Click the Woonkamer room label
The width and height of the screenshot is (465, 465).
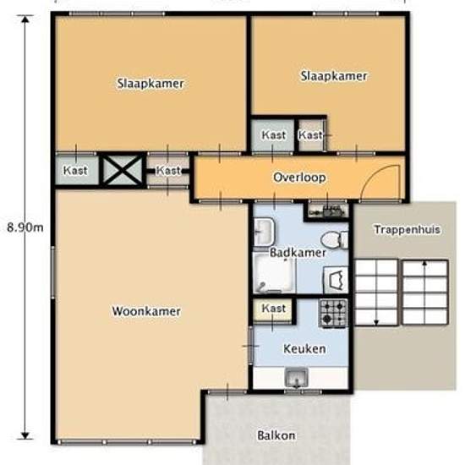[x=146, y=311]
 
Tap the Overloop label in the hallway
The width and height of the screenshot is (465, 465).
[x=299, y=178]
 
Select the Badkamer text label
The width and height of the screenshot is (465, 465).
[x=298, y=253]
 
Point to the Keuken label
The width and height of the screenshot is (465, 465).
[x=304, y=348]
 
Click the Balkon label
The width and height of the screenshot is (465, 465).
[x=276, y=435]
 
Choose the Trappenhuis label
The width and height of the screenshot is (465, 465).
[x=407, y=229]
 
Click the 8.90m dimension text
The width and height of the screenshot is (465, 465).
[x=25, y=227]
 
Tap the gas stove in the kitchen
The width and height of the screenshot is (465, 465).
[x=333, y=313]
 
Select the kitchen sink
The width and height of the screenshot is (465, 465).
[x=296, y=378]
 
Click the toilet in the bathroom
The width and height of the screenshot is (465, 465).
[x=335, y=240]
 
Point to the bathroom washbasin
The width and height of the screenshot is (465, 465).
[x=264, y=232]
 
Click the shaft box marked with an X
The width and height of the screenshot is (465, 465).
[x=123, y=171]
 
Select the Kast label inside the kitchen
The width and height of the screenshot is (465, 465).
[x=273, y=309]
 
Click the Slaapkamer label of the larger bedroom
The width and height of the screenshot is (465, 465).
[x=150, y=84]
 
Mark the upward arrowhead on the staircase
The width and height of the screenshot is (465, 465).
[x=424, y=263]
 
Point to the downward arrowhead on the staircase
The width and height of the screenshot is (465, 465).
[x=376, y=323]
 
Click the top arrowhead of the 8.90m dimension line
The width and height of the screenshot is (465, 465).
[x=25, y=19]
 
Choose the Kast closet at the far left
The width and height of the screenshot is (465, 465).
[x=77, y=171]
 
